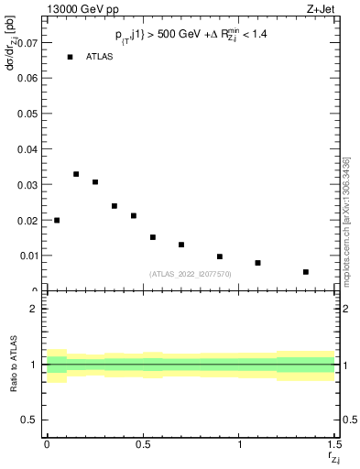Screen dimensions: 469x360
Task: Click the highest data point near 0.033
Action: [76, 174]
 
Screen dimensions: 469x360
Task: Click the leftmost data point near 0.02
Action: [57, 220]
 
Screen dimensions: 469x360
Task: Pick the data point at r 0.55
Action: [153, 237]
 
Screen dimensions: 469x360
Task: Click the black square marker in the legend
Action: [70, 57]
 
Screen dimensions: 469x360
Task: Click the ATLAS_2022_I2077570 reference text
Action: [191, 273]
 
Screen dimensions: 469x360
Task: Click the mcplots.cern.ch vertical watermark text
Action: [345, 220]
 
